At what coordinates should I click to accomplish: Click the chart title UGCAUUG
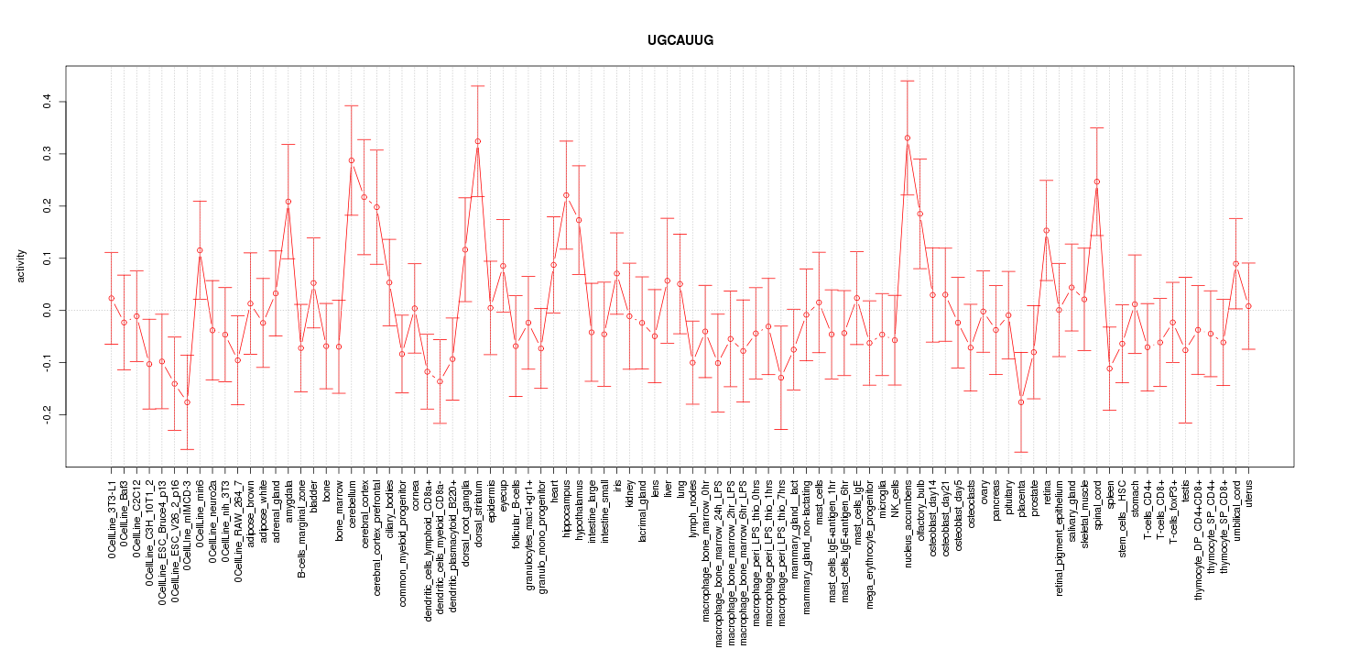point(680,40)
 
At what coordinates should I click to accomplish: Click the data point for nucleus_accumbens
point(908,137)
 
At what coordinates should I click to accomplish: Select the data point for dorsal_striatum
point(478,141)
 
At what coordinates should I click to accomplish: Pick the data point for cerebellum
point(352,160)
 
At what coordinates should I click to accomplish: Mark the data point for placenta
point(1021,401)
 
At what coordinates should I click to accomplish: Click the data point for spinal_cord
point(1097,181)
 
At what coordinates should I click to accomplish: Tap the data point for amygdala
point(288,202)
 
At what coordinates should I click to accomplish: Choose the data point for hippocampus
point(566,195)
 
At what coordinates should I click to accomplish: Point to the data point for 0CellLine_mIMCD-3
point(187,402)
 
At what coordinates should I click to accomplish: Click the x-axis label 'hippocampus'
point(567,507)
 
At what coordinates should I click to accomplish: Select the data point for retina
point(1047,231)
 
